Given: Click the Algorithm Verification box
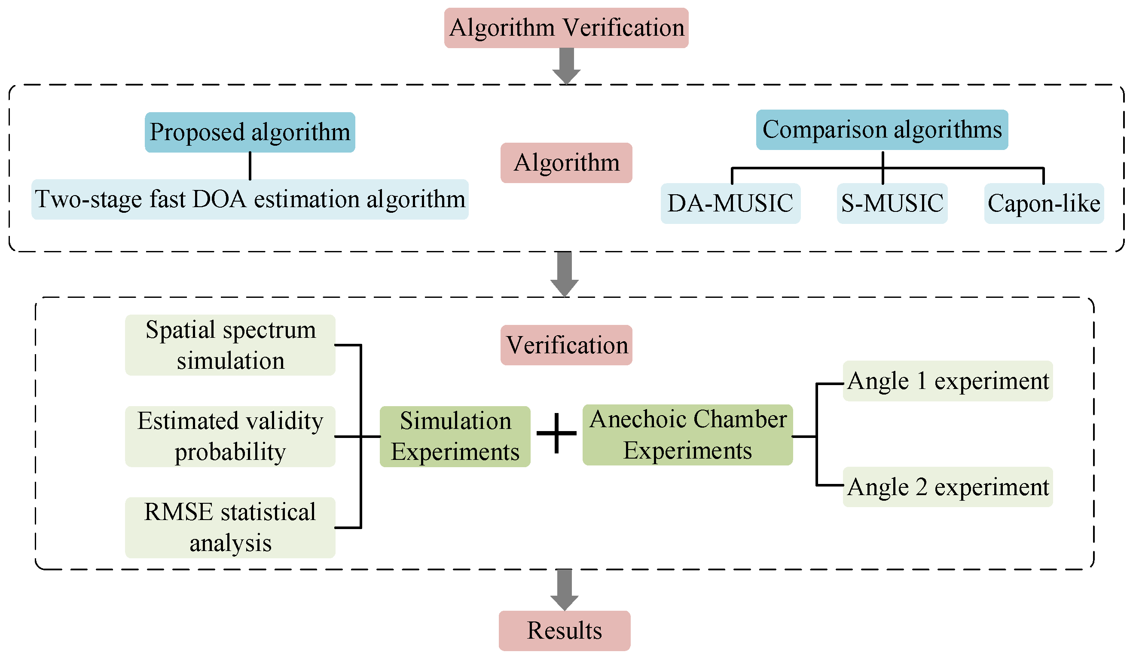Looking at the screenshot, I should [x=566, y=28].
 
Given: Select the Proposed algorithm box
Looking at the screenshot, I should [x=250, y=132].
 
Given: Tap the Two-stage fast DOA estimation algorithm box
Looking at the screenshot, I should [x=250, y=199].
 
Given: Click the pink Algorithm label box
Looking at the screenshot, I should [x=566, y=163].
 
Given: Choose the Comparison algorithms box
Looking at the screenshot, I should [x=882, y=130].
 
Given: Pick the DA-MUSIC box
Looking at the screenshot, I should [x=730, y=203].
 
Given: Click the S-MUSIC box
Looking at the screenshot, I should [x=892, y=203].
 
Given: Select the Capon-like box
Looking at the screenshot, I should [x=1044, y=203].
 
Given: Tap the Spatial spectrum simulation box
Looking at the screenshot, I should [x=230, y=345].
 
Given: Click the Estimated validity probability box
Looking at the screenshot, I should [x=230, y=436].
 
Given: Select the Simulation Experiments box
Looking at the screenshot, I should [x=455, y=436].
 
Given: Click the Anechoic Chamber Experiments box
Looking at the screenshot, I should [x=687, y=435].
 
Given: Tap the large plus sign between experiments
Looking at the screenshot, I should [x=556, y=433].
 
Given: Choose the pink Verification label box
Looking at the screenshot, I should [x=566, y=345].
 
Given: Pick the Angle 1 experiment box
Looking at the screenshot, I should [x=947, y=381].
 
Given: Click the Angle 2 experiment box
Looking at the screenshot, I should [x=947, y=487].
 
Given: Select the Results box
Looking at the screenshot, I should [x=564, y=630].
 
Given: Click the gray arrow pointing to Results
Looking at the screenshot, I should [x=564, y=589].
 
